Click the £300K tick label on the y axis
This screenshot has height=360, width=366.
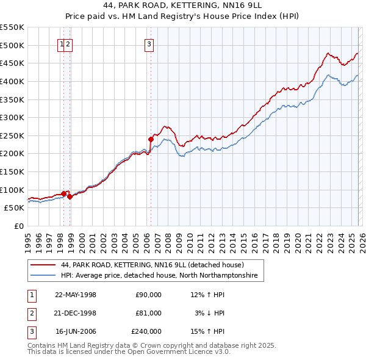(12, 117)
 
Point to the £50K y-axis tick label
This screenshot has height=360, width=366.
(14, 208)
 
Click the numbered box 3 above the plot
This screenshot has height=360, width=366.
(149, 44)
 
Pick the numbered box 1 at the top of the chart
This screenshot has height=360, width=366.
(62, 44)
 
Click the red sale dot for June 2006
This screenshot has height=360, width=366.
(151, 139)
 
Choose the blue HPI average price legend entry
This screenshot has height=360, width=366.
(159, 276)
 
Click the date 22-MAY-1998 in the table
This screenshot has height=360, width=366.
(76, 295)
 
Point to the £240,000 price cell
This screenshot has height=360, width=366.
(146, 331)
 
